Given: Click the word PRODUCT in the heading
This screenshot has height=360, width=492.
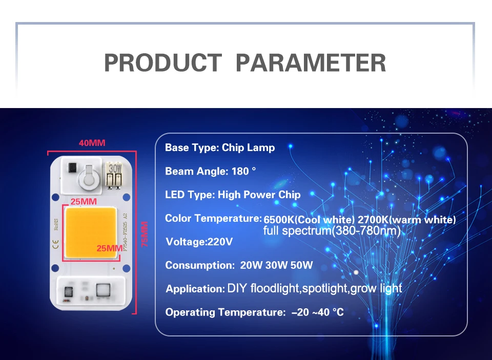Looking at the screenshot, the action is [163, 62].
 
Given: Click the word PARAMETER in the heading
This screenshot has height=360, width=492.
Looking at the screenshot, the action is [311, 62].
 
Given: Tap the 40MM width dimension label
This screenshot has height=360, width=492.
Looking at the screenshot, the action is [92, 143].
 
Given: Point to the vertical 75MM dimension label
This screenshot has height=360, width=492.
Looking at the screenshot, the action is [145, 234].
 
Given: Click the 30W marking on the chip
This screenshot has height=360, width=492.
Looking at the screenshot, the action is [115, 168].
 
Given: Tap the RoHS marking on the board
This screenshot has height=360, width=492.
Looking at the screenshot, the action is [56, 224].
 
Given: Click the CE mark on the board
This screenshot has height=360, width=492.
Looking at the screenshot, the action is [55, 244].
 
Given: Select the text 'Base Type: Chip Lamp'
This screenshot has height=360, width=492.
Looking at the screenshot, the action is [220, 147].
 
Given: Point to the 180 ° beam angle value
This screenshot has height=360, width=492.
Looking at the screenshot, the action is [243, 171].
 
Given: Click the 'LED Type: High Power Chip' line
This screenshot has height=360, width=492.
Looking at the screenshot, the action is [233, 195].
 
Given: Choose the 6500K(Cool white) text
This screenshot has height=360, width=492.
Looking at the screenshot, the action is [309, 220].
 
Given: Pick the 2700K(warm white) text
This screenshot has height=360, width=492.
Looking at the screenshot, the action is [406, 220].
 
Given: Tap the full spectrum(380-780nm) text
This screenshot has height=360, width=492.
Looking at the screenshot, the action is [332, 231].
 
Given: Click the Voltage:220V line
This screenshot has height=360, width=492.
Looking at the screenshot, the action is [199, 242].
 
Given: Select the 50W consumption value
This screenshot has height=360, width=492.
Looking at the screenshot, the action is [301, 265].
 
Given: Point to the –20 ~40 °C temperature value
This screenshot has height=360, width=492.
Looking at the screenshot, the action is [318, 312].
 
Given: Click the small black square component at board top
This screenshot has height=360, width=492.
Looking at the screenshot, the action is [72, 168].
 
